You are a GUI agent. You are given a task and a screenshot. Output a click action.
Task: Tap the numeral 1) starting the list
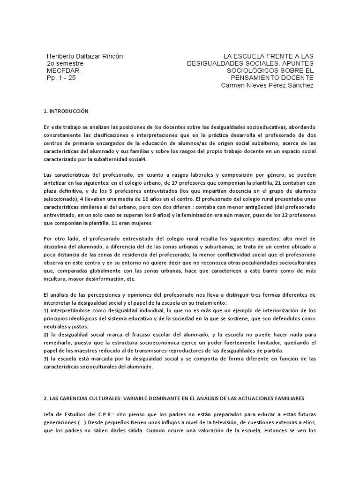tap(46, 310)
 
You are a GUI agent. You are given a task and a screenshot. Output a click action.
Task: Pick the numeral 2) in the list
tap(46, 334)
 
